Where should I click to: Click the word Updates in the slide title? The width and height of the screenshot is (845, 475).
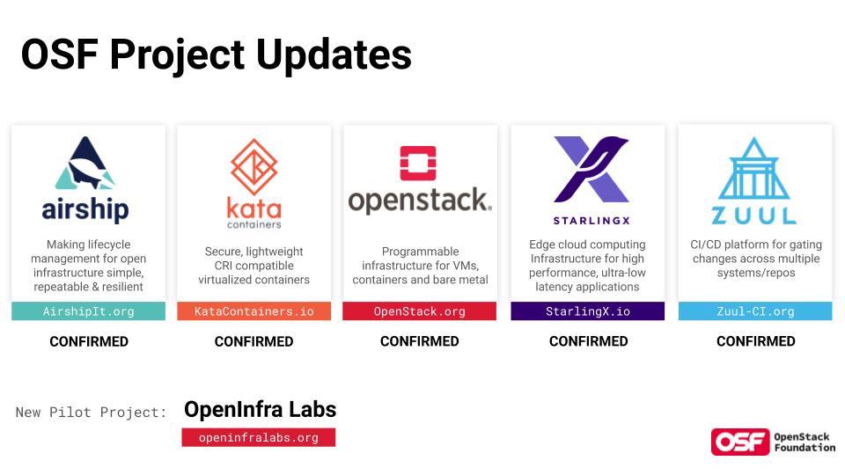point(334,55)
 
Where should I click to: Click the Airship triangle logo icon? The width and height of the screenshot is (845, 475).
point(85,163)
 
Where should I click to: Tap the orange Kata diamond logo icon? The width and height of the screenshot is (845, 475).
point(253,167)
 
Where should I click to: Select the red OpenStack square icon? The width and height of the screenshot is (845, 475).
point(418,164)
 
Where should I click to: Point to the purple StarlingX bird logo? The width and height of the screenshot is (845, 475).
point(591,169)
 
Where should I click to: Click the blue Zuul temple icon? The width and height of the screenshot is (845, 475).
point(754,168)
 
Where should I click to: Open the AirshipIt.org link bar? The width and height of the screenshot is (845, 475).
point(88,311)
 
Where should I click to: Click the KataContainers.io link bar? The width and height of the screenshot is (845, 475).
point(253,311)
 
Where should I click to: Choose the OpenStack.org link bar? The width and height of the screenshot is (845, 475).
point(419,311)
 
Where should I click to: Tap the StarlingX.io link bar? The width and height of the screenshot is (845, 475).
point(587,311)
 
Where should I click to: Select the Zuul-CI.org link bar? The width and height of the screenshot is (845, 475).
point(755,311)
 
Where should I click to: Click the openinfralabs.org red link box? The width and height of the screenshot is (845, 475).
point(259,437)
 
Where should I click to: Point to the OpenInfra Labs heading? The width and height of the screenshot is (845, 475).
point(261,410)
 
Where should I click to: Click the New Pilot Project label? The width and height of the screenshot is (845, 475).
point(91,413)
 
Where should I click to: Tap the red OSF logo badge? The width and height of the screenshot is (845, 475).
point(740,442)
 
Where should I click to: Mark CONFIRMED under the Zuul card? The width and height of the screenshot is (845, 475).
point(755,341)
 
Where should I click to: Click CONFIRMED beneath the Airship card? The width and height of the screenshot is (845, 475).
point(89,341)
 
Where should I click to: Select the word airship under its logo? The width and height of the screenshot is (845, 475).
point(85,209)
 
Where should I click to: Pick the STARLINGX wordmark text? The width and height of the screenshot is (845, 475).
point(591,220)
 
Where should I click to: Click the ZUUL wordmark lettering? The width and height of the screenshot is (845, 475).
point(754,216)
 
